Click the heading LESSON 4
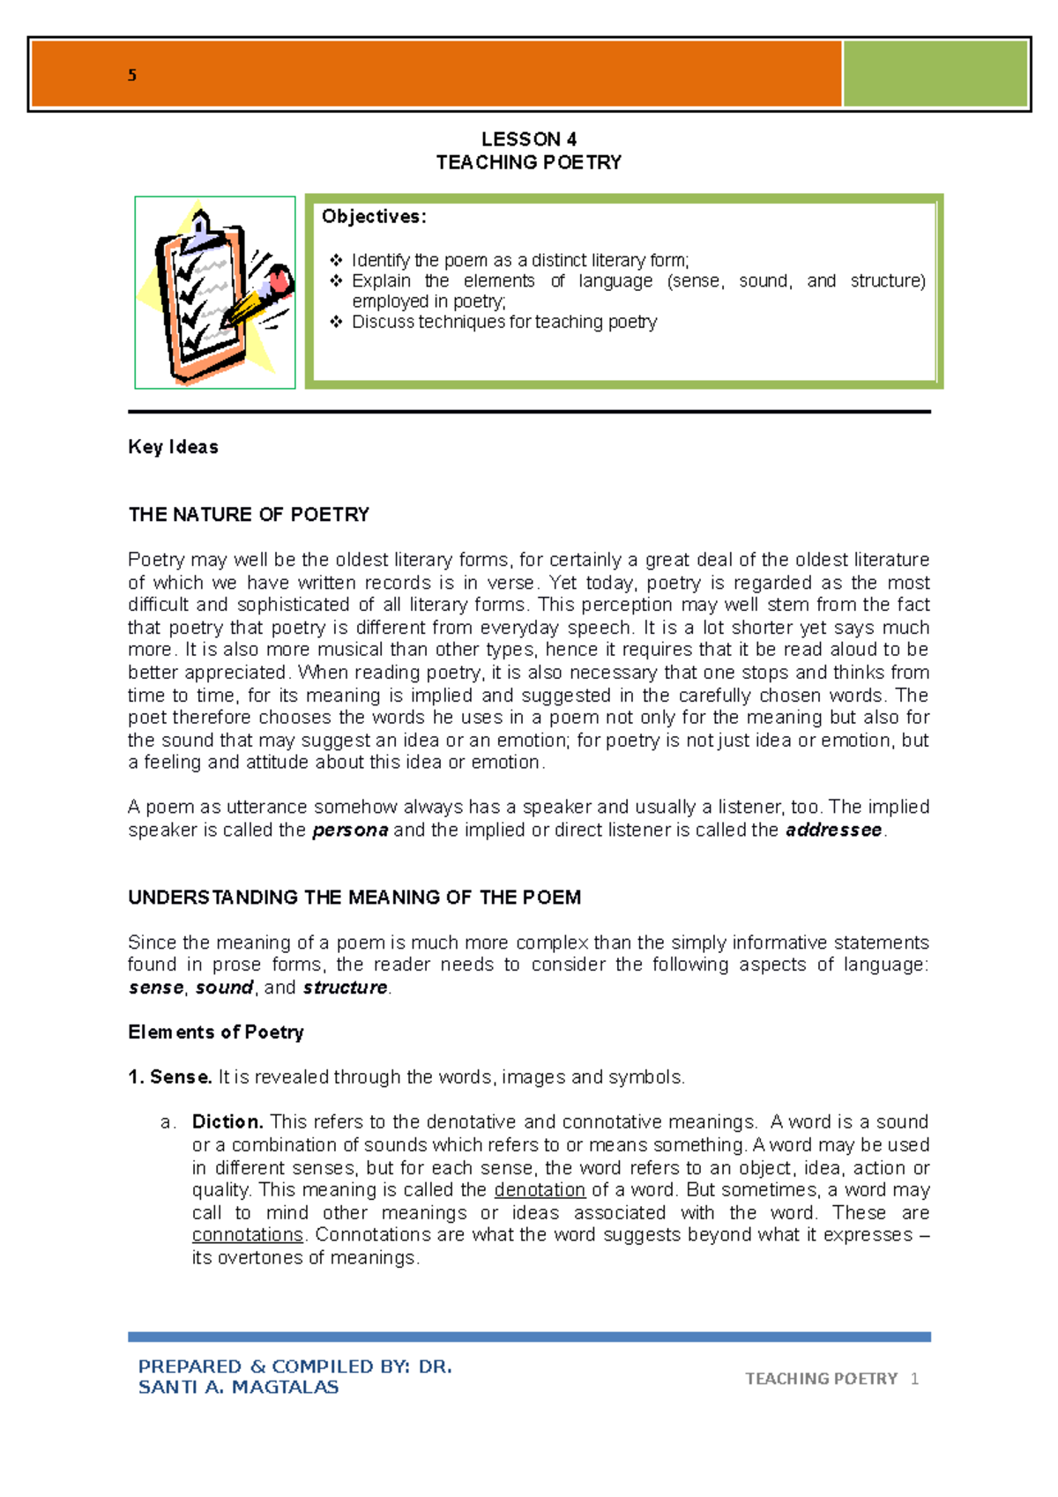(529, 139)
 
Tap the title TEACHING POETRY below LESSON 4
(529, 162)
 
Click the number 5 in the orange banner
(132, 76)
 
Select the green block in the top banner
(935, 74)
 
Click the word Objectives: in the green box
(374, 217)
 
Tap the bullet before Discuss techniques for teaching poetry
(336, 322)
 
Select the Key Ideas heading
(173, 447)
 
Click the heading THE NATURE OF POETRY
(249, 514)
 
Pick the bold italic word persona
(350, 830)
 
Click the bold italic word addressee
(833, 830)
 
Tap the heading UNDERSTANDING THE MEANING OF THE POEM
(354, 897)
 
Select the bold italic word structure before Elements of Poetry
(345, 987)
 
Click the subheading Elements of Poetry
(216, 1032)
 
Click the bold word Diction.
(227, 1122)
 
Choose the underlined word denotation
(540, 1190)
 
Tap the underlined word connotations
(248, 1235)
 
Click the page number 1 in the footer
(914, 1379)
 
